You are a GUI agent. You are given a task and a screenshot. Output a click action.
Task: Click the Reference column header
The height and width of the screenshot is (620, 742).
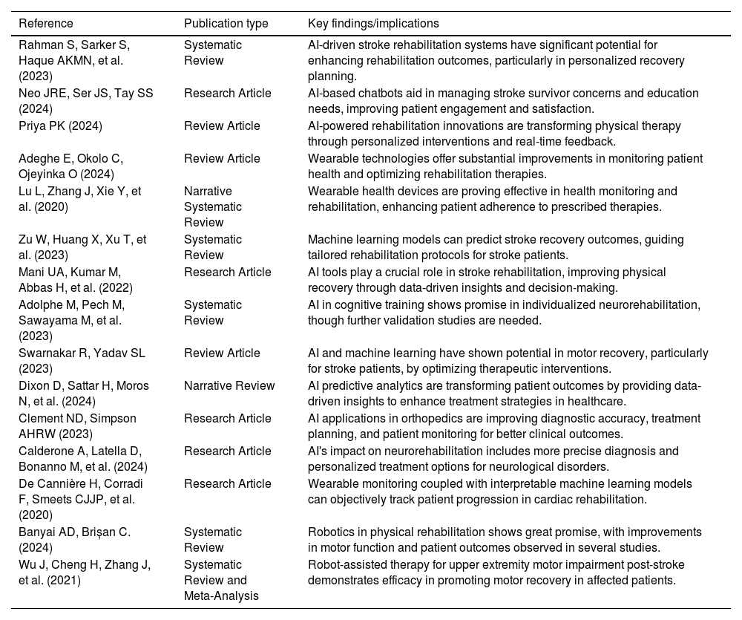[46, 24]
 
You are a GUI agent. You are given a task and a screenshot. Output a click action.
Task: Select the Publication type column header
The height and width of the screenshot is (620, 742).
[226, 24]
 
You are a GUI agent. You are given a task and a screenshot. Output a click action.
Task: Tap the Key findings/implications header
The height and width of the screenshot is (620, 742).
[373, 24]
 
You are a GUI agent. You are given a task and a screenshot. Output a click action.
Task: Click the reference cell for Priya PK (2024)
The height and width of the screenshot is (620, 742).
[61, 126]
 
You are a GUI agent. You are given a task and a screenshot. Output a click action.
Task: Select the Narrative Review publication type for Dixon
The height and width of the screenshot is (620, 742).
[229, 386]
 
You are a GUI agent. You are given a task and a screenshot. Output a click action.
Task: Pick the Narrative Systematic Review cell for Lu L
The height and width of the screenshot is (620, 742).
[213, 207]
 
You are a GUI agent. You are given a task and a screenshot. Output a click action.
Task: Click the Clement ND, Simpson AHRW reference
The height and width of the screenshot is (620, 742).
[77, 426]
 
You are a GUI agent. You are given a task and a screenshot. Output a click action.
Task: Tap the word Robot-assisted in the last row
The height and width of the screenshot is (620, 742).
[345, 565]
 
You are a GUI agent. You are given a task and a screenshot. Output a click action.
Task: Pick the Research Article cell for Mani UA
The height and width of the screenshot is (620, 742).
[228, 273]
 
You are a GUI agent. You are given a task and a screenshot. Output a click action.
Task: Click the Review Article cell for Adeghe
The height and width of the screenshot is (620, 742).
[222, 159]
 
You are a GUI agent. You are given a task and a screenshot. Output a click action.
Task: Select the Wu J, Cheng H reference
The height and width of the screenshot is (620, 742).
[85, 572]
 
